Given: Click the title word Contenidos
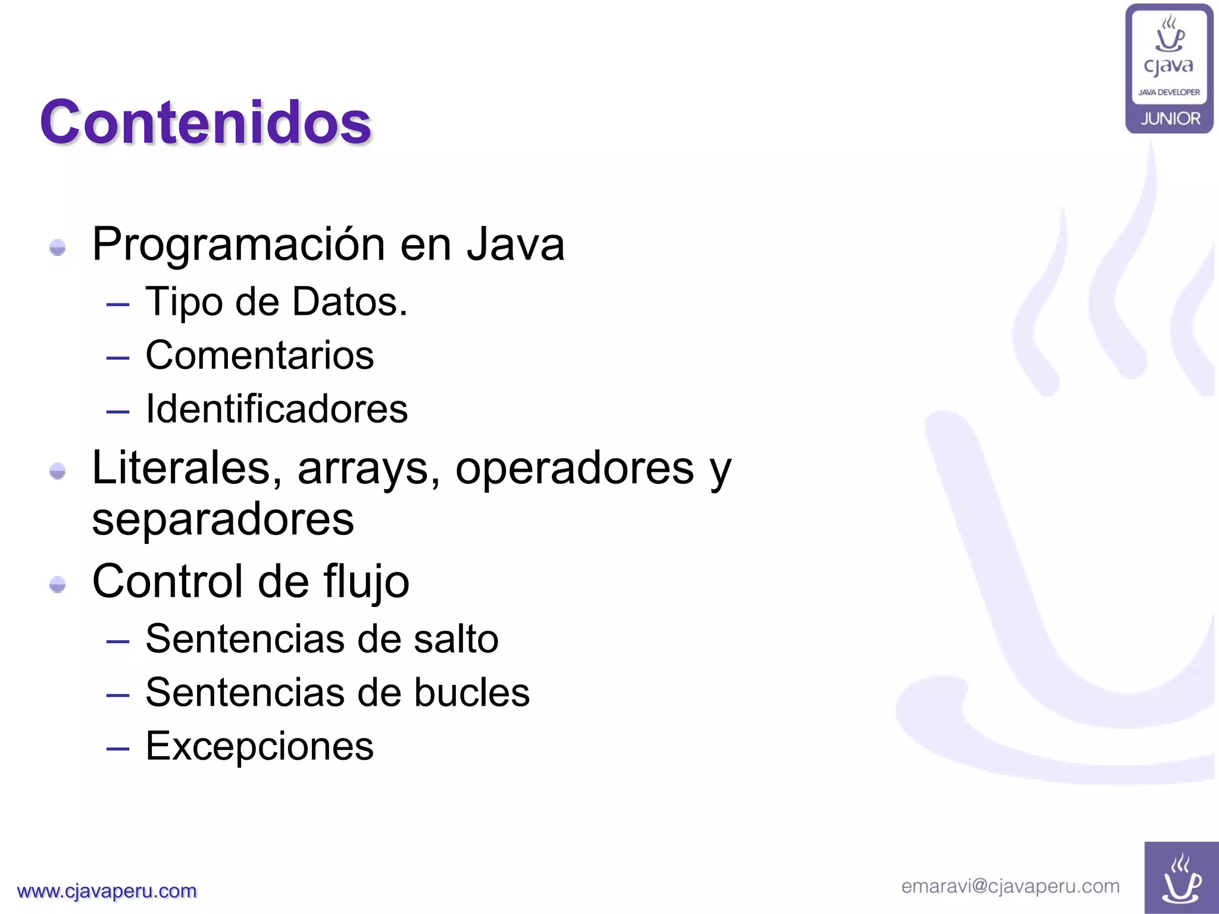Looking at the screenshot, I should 206,123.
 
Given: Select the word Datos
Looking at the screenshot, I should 349,302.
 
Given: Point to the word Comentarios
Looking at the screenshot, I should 260,355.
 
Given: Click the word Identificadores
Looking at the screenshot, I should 277,409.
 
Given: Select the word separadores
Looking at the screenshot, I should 223,519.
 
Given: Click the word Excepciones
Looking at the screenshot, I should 260,746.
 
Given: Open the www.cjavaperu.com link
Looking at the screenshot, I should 107,891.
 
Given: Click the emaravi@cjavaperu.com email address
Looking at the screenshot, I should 1010,886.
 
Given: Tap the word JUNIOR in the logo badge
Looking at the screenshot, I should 1170,119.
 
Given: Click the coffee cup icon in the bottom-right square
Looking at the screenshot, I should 1181,879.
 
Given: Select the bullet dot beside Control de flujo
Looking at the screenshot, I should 58,584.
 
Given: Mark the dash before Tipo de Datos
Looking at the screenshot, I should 118,305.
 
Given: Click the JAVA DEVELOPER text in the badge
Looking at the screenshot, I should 1169,92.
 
